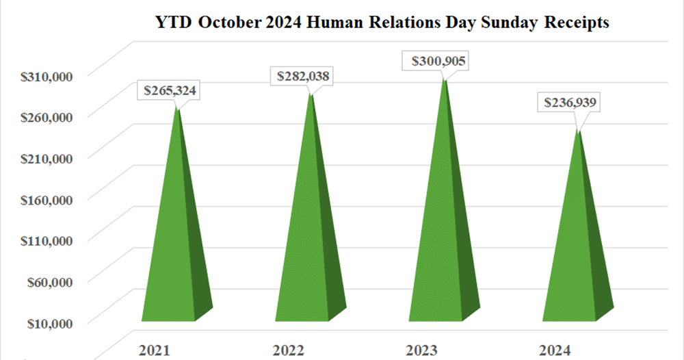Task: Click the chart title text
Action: (x=383, y=23)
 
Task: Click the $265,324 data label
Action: (x=172, y=91)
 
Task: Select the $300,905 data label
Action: (x=438, y=62)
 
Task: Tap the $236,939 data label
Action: (x=571, y=103)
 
